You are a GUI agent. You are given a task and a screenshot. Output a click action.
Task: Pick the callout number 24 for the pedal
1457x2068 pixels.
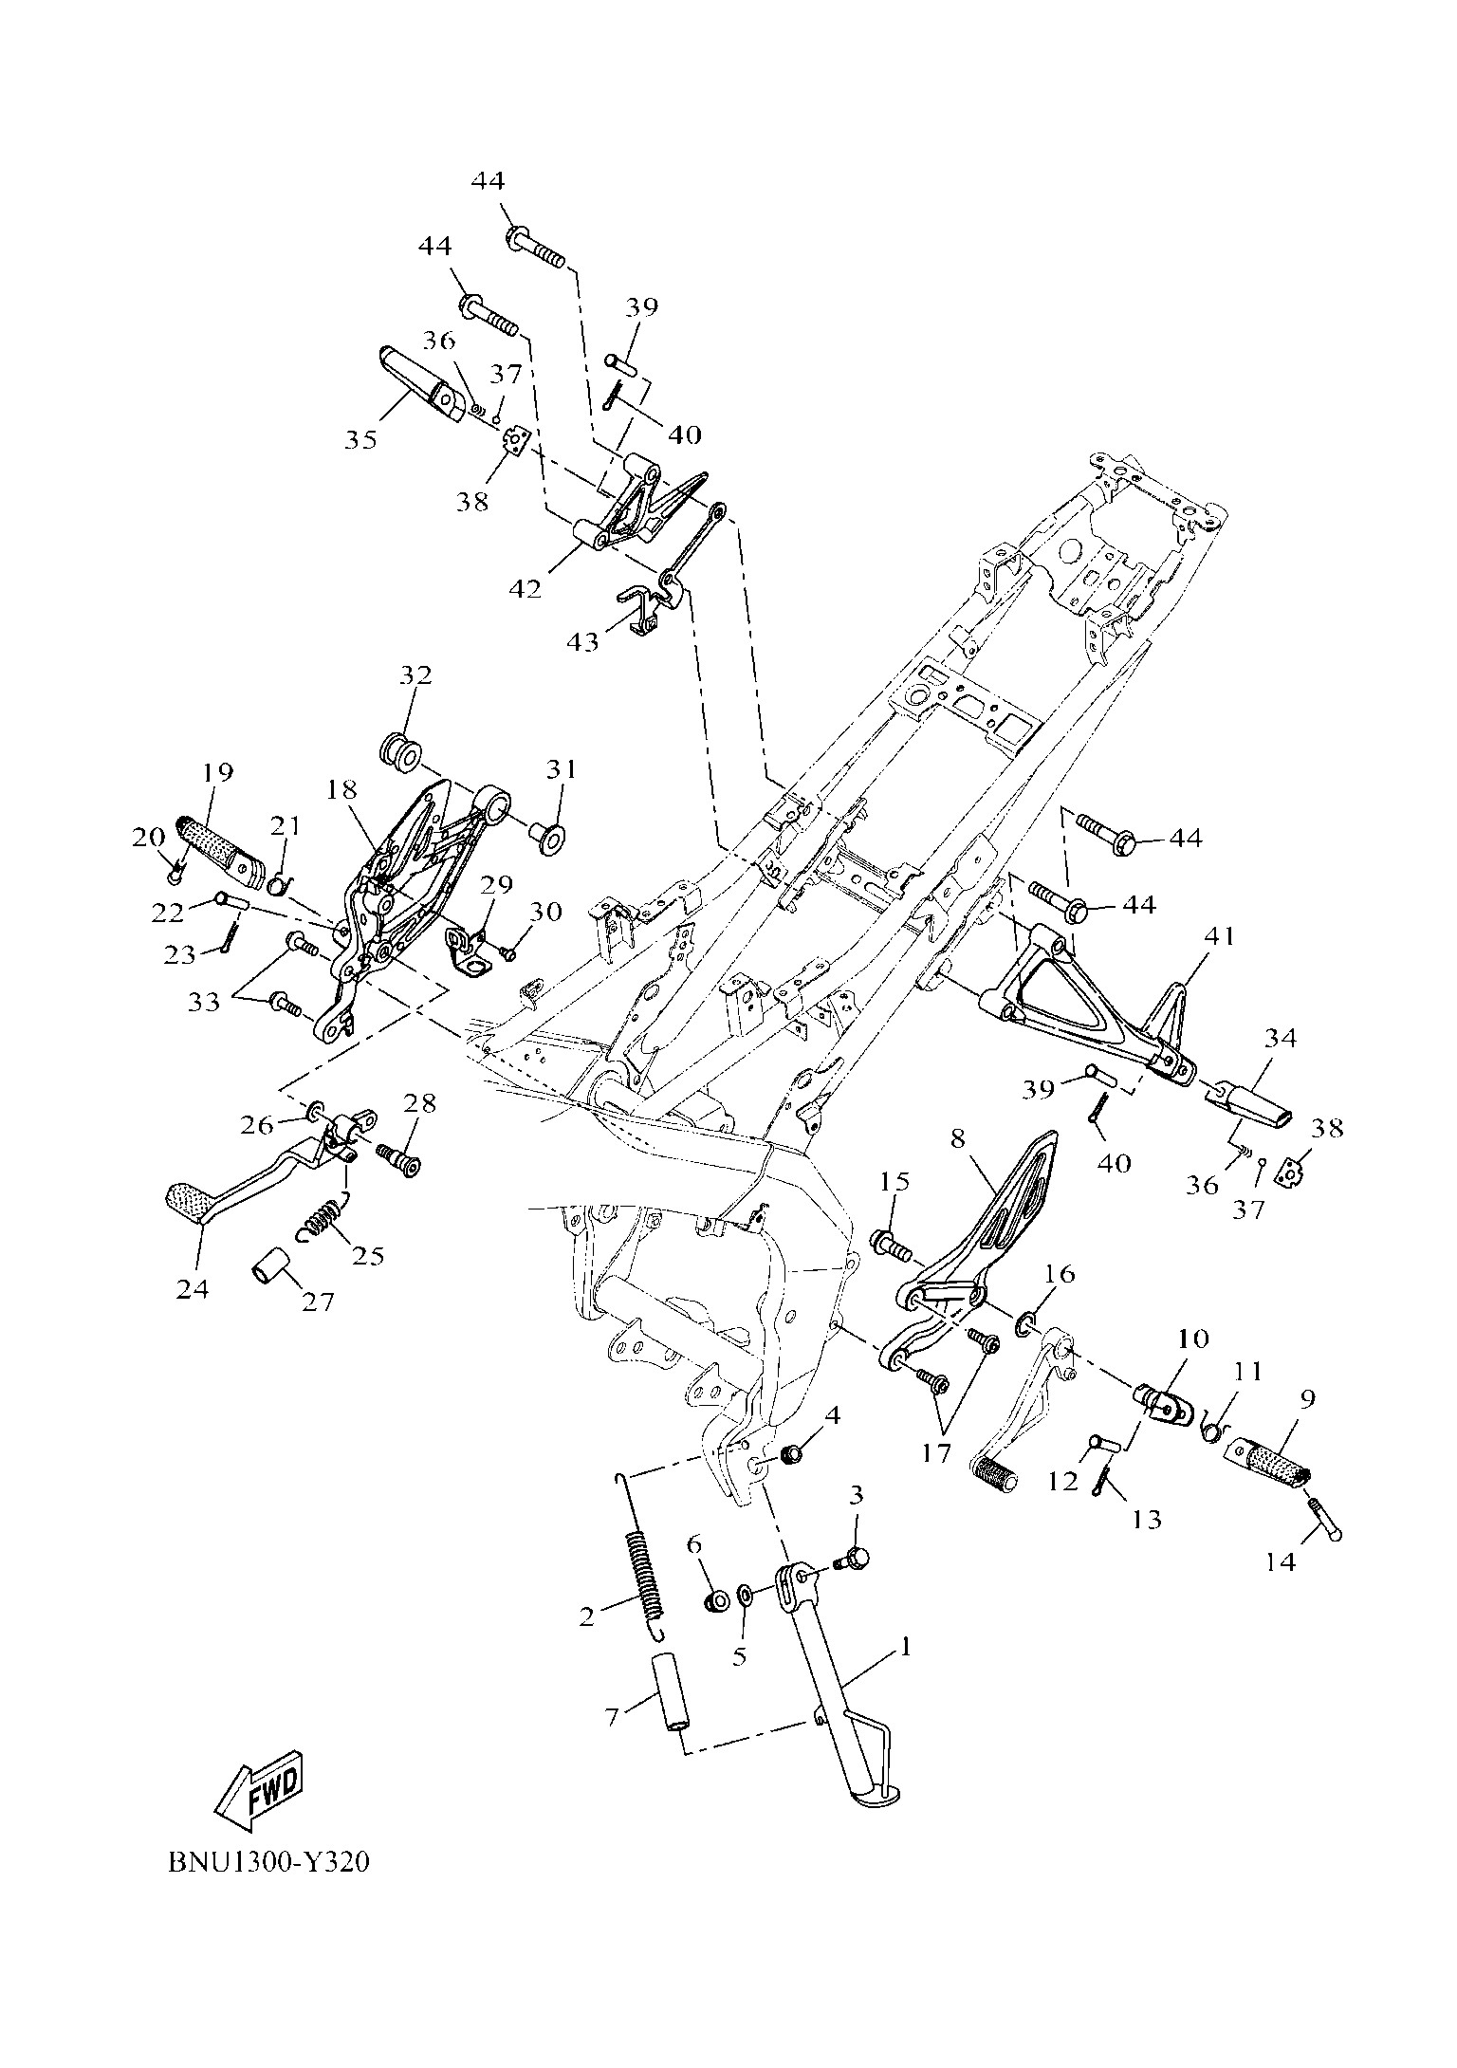point(193,1288)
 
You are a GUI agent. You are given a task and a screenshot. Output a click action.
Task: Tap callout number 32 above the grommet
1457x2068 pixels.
point(415,675)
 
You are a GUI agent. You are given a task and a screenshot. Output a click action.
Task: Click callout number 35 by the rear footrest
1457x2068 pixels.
point(360,439)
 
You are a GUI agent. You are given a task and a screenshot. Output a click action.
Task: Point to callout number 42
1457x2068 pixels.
point(525,588)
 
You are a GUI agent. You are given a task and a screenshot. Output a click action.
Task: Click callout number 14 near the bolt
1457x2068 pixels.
point(1281,1560)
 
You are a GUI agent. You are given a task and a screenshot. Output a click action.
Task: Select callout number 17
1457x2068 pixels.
point(936,1453)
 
